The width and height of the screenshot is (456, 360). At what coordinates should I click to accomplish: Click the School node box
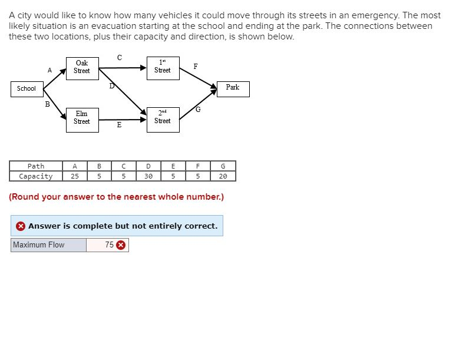[26, 89]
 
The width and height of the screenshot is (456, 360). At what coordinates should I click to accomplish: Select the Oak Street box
[82, 67]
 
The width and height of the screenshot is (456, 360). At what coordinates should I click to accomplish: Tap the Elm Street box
[82, 118]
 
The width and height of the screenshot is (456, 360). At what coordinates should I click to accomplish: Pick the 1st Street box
[162, 67]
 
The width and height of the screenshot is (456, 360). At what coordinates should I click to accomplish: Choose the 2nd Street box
[162, 118]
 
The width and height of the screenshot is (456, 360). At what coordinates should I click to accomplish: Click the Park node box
[233, 88]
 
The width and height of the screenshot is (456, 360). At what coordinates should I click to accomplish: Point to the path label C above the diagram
[120, 58]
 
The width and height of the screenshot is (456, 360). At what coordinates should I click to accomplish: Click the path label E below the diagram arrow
[119, 125]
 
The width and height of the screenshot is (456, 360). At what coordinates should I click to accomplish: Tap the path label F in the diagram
[196, 67]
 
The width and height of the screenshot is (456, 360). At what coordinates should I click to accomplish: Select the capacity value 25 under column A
[75, 176]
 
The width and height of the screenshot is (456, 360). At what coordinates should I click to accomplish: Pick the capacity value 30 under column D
[148, 176]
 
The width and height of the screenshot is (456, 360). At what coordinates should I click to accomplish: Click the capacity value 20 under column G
[223, 176]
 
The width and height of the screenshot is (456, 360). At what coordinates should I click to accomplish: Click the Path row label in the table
[36, 166]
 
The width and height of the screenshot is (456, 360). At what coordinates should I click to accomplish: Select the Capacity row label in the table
[36, 176]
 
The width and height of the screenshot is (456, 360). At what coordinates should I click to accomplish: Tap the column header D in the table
[148, 166]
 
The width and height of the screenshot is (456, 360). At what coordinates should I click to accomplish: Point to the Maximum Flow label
[38, 245]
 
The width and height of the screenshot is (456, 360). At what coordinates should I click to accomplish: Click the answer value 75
[110, 245]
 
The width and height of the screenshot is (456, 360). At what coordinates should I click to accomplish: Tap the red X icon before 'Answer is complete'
[21, 226]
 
